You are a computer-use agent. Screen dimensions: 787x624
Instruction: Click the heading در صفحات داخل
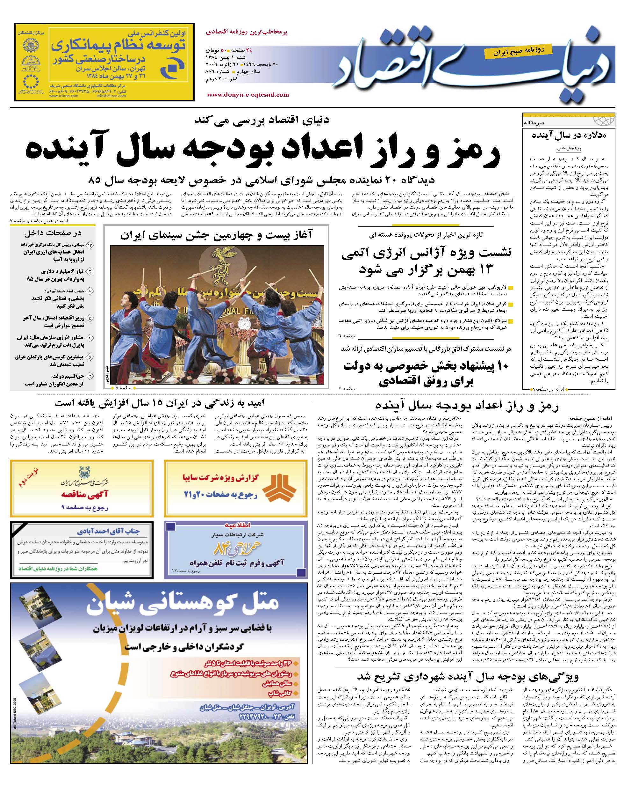tap(53, 233)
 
